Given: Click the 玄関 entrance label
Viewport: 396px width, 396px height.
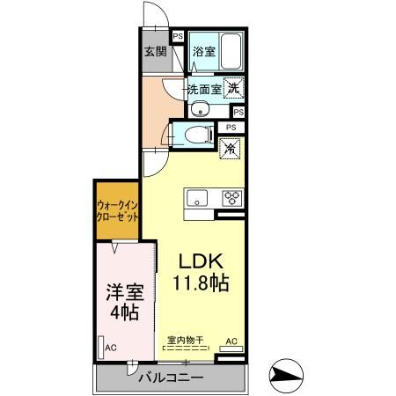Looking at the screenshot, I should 155,50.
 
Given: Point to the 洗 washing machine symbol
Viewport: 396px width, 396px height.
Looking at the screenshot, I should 233,87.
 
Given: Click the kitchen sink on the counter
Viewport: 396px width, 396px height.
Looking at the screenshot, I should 195,196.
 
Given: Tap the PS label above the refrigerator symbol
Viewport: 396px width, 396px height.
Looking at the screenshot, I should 231,128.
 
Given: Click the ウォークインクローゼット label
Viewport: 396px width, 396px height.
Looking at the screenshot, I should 117,212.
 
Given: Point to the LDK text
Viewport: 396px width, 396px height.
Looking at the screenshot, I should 205,262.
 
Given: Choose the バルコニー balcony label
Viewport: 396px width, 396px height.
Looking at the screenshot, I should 172,378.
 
